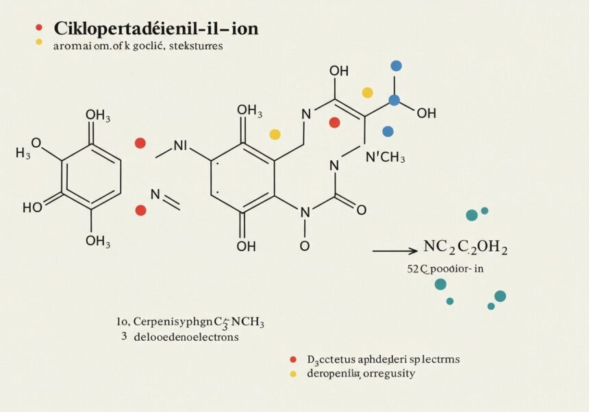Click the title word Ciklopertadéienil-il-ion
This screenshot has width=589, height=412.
(155, 29)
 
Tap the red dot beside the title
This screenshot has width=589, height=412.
(39, 28)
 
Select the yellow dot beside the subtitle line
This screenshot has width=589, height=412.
(39, 42)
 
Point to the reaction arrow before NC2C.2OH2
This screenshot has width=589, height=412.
(394, 252)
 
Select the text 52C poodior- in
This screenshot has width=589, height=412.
(445, 269)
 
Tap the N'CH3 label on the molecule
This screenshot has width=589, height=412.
(385, 158)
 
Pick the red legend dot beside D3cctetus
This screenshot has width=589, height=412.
(293, 359)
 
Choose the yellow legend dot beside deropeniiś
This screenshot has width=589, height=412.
(293, 374)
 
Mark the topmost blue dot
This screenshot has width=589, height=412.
(395, 66)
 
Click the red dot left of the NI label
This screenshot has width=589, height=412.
(140, 143)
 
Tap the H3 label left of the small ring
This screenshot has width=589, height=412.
(23, 153)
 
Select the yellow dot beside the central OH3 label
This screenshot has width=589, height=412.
(275, 134)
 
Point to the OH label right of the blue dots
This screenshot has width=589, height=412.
(426, 113)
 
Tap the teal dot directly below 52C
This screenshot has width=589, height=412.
(440, 284)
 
